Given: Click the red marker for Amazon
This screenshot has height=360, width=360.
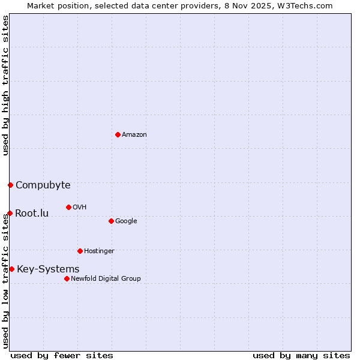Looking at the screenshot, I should tap(118, 134).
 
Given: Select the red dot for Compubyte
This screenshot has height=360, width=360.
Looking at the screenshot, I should tap(10, 185).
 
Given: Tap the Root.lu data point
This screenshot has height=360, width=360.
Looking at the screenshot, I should tap(10, 213).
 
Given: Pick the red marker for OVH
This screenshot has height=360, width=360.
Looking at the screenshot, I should tap(68, 207).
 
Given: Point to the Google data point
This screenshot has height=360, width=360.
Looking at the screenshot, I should tap(111, 221).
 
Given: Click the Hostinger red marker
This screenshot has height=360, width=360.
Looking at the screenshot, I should tap(80, 251).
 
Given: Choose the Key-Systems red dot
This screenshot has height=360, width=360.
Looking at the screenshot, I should tap(11, 269).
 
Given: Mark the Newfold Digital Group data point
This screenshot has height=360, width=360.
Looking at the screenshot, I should tap(67, 278).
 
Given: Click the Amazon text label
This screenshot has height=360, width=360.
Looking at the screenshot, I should tap(134, 134).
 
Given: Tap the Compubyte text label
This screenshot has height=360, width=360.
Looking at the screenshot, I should tap(43, 185).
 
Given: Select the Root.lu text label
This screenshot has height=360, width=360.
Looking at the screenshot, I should tap(32, 213).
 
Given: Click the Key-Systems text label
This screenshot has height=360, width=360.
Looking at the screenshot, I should tap(48, 269).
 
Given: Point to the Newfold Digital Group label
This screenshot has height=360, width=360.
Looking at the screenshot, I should tap(106, 278).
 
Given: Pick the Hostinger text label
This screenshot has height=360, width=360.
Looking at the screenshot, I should tap(99, 251).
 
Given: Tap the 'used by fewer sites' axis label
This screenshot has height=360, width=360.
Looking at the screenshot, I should tap(62, 355).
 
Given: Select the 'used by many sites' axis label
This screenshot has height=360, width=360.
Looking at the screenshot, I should tap(301, 355).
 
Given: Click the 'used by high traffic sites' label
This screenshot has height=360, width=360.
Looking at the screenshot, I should tap(5, 85).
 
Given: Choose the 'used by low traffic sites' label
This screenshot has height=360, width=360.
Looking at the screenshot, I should tap(5, 281).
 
